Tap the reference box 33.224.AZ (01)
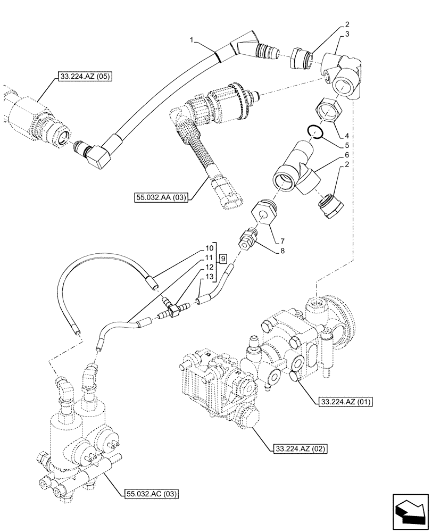click(x=345, y=401)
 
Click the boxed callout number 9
click(x=224, y=258)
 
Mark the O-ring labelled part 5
click(x=317, y=132)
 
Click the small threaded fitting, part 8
click(x=248, y=238)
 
